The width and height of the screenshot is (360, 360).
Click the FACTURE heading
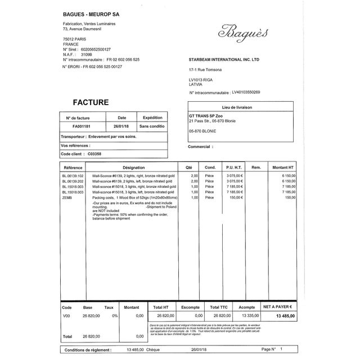91,102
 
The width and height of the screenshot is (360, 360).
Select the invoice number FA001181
78,127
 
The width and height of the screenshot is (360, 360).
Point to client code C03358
95,154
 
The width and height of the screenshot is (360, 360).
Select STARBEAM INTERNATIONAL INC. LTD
224,58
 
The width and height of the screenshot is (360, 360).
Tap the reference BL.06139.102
73,176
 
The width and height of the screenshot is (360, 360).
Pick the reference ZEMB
67,198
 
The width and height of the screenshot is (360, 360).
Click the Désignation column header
133,168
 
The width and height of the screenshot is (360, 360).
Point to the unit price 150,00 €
235,198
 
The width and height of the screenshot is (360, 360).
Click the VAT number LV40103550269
242,92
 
